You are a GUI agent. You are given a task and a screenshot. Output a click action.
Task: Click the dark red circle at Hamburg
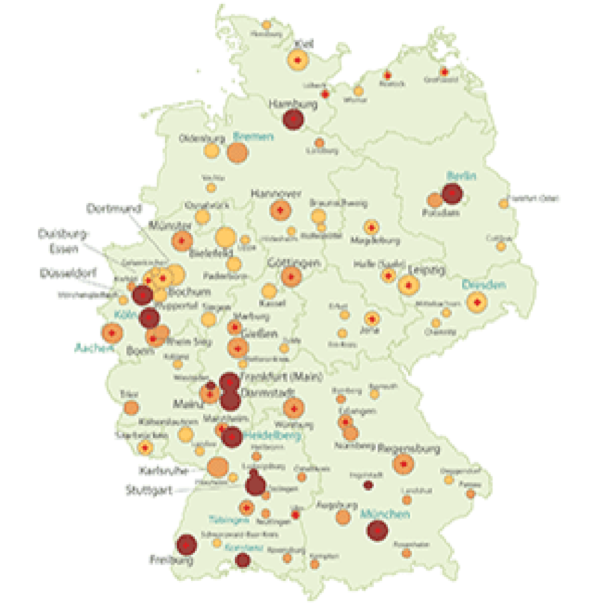[x=293, y=119]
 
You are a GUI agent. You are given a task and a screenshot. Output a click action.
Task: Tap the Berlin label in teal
[x=461, y=176]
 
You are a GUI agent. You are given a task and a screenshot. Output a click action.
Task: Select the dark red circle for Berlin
[x=452, y=194]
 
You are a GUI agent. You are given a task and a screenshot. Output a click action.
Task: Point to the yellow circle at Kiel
[x=297, y=60]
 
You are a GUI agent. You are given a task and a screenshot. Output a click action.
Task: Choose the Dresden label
[x=484, y=285]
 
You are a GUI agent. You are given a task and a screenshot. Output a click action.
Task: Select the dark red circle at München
[x=377, y=531]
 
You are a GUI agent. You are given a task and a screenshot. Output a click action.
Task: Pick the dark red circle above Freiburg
[x=187, y=545]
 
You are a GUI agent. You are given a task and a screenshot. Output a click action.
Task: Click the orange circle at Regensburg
[x=403, y=464]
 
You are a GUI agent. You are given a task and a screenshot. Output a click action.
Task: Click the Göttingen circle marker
[x=291, y=277]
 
